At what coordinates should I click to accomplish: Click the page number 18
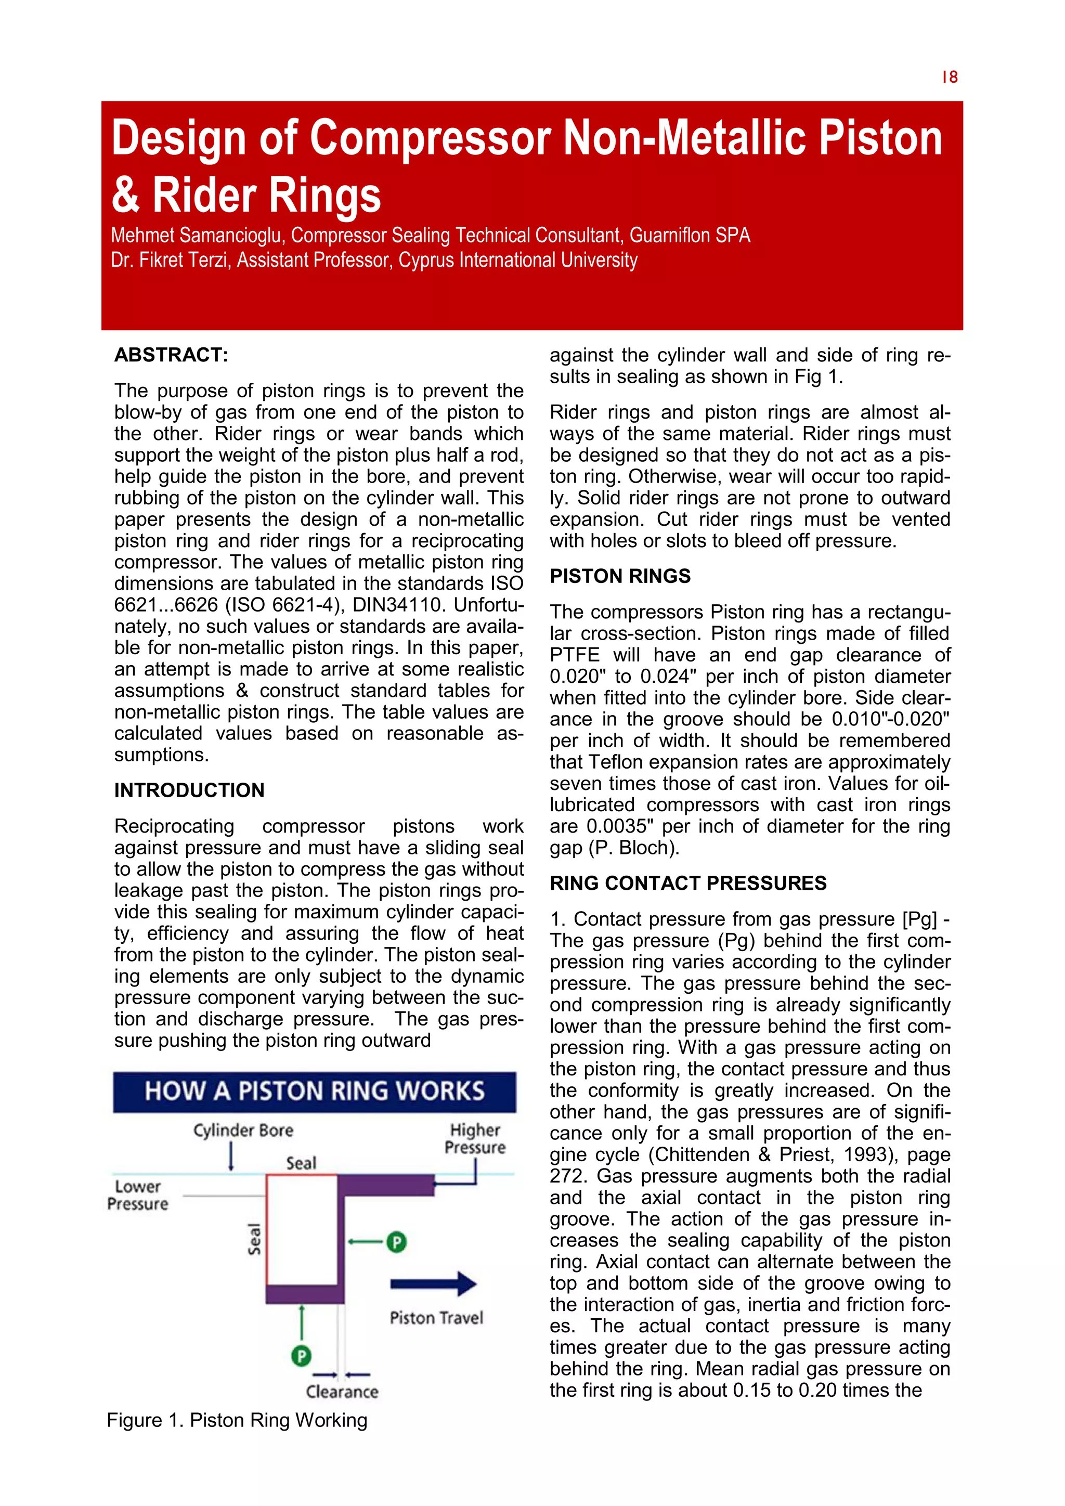[x=950, y=77]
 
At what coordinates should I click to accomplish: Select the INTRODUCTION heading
[x=189, y=790]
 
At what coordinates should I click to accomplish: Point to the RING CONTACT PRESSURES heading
[x=688, y=883]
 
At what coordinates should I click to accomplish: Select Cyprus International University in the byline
[x=518, y=261]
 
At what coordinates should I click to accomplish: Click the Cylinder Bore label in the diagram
[x=243, y=1130]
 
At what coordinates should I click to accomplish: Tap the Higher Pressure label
[x=475, y=1139]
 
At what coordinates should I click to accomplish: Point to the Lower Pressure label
[x=138, y=1195]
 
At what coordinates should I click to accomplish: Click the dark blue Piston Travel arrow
[x=433, y=1283]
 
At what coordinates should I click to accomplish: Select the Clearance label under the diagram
[x=342, y=1391]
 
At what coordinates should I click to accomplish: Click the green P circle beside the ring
[x=396, y=1242]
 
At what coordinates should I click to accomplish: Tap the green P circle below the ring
[x=301, y=1355]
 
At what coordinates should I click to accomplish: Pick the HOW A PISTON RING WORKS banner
[x=314, y=1091]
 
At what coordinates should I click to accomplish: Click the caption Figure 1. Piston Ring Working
[x=237, y=1420]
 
